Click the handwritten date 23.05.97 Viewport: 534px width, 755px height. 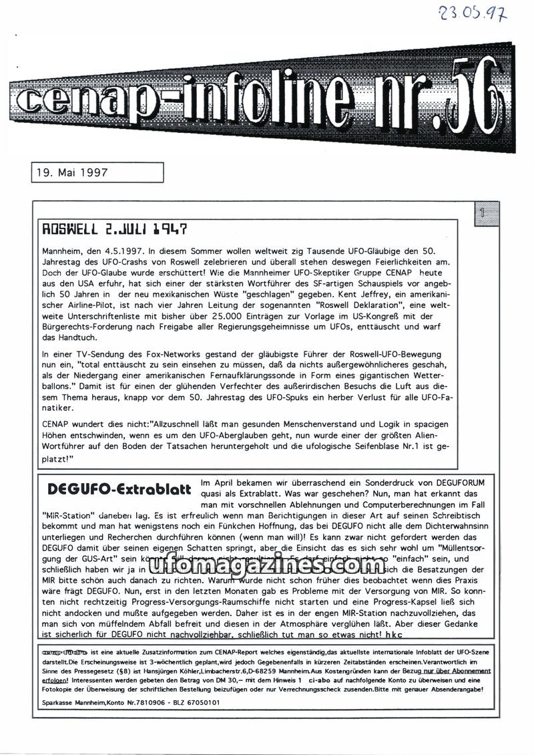coord(472,13)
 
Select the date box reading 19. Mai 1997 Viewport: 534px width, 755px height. coord(97,172)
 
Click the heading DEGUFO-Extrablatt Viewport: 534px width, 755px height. coord(120,490)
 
